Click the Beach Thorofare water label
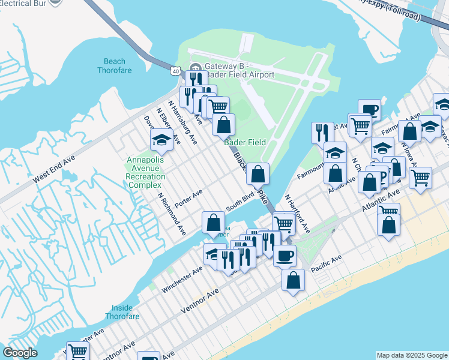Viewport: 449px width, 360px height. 115,65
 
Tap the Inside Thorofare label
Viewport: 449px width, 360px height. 122,312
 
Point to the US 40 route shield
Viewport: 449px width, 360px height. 175,71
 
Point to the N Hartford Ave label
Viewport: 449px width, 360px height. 297,214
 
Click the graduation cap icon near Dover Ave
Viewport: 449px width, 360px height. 161,140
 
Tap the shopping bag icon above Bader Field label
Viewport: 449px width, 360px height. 223,125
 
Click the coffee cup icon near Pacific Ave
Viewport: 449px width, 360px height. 285,255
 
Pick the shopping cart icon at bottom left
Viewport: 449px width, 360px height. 77,352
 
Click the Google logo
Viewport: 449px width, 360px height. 20,353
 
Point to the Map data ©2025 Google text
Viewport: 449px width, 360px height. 411,355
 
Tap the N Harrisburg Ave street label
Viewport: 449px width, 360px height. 184,121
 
